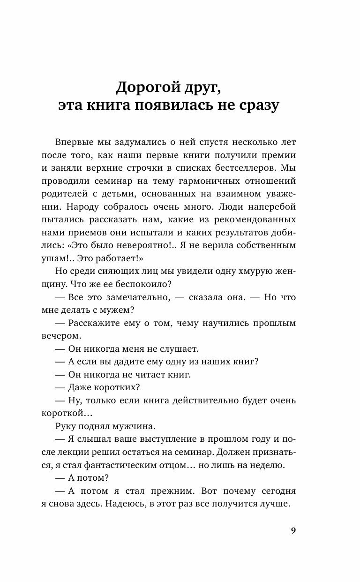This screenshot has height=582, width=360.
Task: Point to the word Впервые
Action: (x=75, y=142)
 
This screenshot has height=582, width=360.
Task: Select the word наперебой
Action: (x=271, y=206)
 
